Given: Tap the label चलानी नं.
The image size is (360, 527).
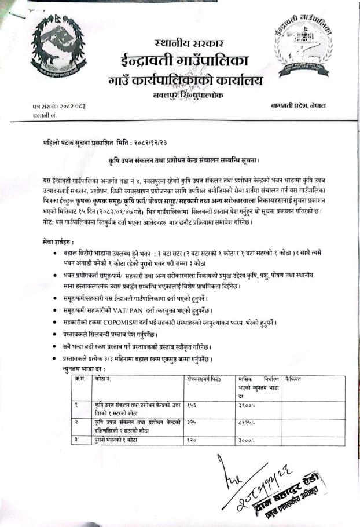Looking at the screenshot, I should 44,116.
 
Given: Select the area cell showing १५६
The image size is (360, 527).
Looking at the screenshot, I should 192,406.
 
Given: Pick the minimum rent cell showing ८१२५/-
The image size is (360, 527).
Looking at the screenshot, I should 245,423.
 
